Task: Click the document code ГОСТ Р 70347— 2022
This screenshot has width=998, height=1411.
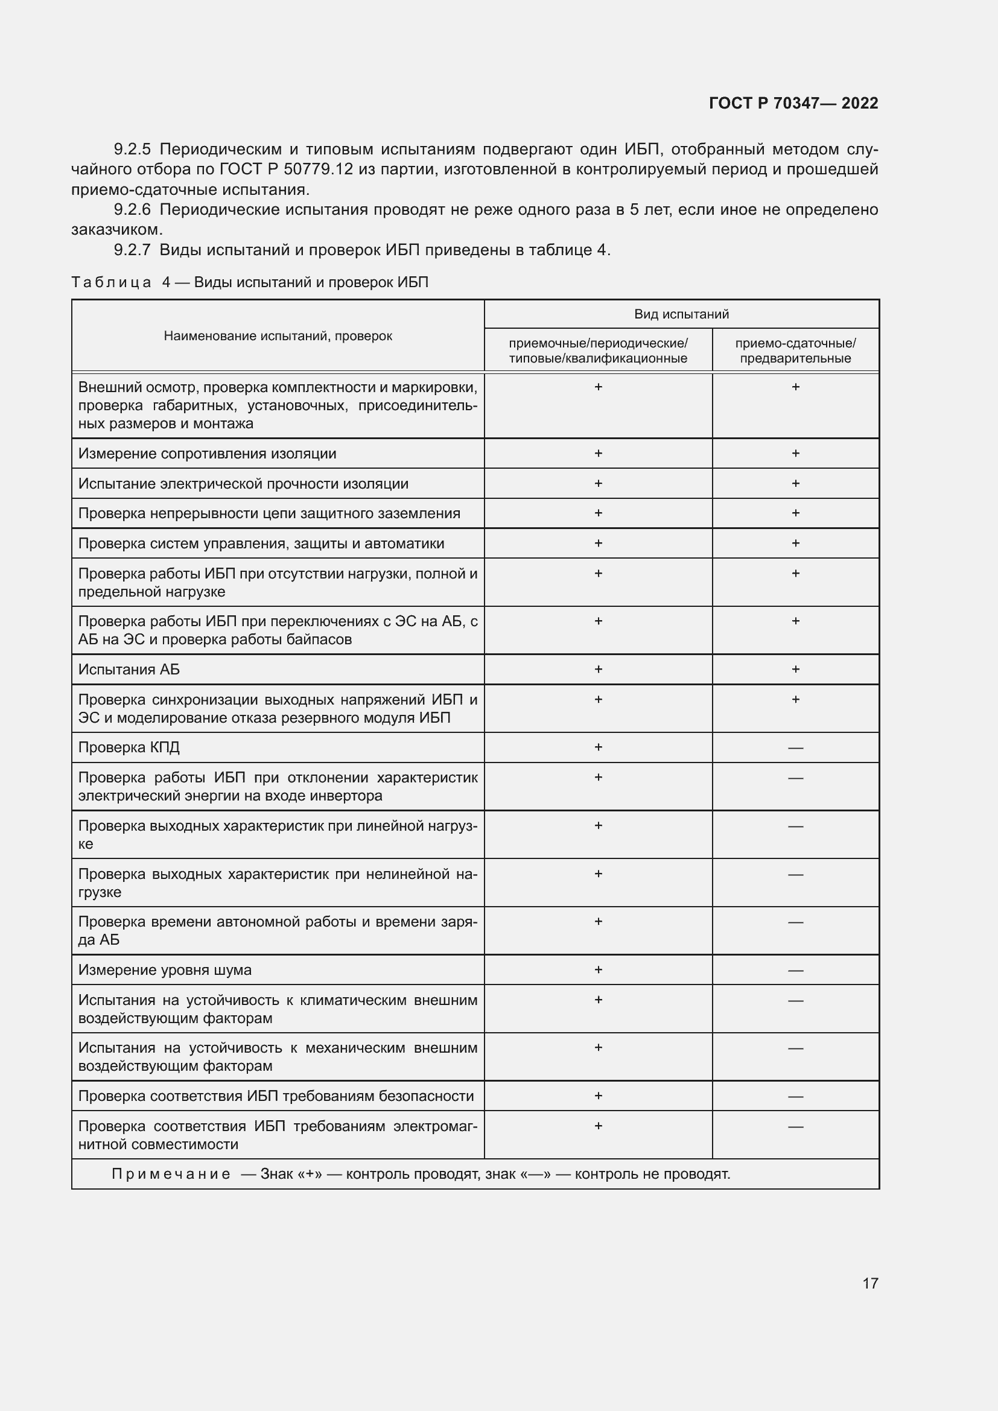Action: (793, 103)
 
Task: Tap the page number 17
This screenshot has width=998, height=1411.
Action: (870, 1283)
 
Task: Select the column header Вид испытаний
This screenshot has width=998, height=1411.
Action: (681, 315)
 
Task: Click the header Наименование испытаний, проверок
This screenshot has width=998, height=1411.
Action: (278, 336)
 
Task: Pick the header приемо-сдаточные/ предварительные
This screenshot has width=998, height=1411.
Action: (795, 351)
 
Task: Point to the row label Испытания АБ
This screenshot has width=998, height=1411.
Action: (129, 670)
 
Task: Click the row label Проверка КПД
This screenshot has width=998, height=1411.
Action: (129, 748)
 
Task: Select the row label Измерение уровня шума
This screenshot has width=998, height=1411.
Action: (165, 971)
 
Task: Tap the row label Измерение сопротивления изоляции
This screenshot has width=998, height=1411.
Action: (207, 454)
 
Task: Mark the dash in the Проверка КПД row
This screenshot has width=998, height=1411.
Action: (795, 749)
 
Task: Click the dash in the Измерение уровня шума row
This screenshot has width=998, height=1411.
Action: (795, 971)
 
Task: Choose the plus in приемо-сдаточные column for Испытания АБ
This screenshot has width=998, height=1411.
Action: (795, 669)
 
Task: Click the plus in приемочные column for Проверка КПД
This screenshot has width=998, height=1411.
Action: (598, 747)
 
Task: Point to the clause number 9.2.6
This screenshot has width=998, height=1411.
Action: (132, 210)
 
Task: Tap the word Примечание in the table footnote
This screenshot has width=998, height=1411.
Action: (171, 1175)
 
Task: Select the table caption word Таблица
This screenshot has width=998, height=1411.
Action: (111, 283)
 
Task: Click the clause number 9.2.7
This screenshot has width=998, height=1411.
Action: (132, 250)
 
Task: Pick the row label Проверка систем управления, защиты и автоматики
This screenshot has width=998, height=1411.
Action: (261, 544)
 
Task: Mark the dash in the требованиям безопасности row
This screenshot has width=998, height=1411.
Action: (795, 1097)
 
